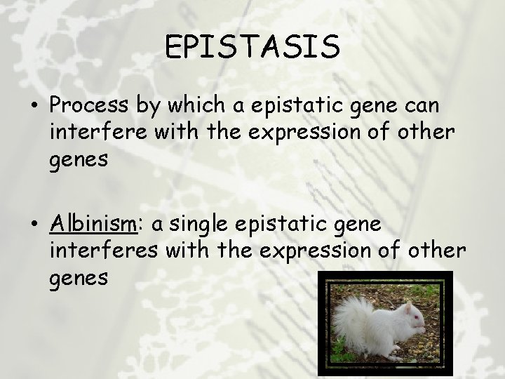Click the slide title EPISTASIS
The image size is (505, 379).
coord(252,47)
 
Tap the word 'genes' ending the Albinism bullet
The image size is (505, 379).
coord(79,279)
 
